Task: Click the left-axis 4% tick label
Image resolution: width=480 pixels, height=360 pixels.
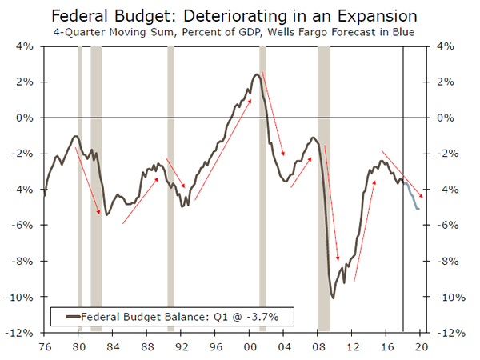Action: tap(24, 46)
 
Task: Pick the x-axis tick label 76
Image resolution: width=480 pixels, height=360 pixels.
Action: tap(44, 346)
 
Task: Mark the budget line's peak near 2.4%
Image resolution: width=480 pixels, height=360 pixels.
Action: tap(255, 75)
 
